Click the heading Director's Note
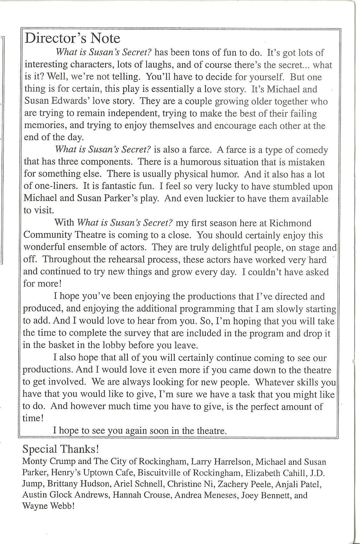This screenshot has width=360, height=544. tap(72, 38)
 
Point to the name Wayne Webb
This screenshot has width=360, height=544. tap(47, 507)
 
